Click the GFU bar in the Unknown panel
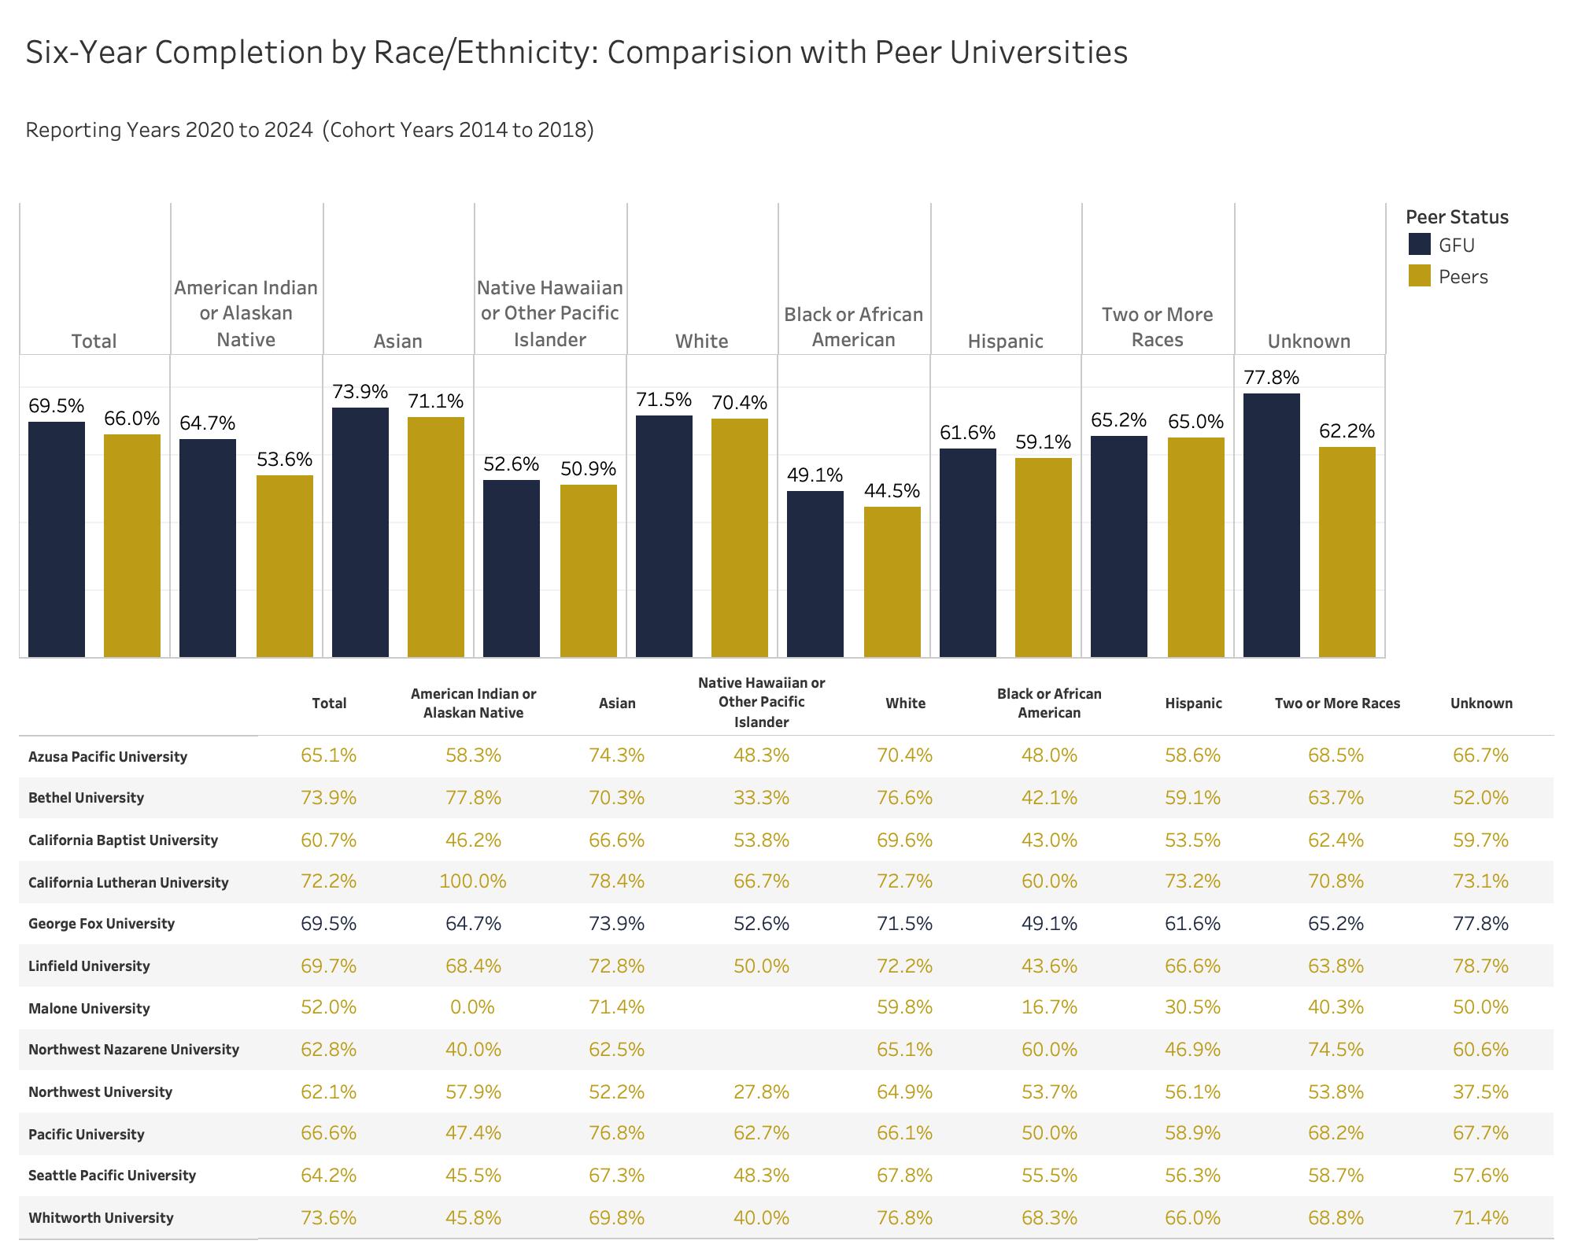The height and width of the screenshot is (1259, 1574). [x=1271, y=525]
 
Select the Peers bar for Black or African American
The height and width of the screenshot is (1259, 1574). [x=892, y=582]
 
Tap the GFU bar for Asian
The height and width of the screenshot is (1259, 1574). [x=360, y=532]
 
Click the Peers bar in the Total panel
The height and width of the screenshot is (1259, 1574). [x=131, y=545]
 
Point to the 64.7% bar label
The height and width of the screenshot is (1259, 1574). [x=207, y=423]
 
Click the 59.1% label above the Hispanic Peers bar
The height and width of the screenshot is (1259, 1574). [x=1043, y=442]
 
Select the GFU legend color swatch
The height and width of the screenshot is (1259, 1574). [x=1419, y=245]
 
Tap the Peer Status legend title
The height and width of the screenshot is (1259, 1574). [x=1457, y=217]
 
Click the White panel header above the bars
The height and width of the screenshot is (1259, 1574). [x=701, y=341]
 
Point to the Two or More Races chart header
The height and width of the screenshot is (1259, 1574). [x=1157, y=327]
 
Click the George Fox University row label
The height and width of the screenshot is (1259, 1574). [x=101, y=923]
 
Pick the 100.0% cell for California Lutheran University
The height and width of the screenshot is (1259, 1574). [x=472, y=881]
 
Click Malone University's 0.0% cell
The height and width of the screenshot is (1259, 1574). [x=472, y=1007]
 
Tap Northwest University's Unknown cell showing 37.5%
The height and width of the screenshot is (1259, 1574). [x=1480, y=1091]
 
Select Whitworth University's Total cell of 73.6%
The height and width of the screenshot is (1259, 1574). [x=328, y=1217]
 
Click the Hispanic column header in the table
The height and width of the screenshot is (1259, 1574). [x=1193, y=703]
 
